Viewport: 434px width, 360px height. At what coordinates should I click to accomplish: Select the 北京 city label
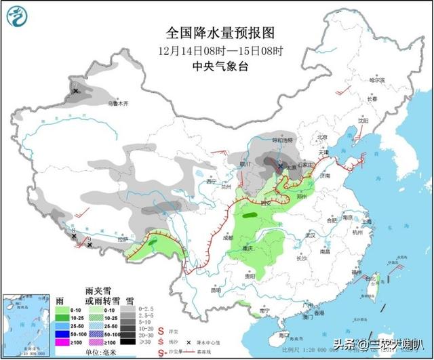322,138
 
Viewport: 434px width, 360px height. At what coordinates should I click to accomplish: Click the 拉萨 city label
122,239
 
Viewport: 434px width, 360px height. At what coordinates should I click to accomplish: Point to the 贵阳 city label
250,276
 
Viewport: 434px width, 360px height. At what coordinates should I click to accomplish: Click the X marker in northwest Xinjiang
76,90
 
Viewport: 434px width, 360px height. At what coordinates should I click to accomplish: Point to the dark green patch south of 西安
252,216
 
